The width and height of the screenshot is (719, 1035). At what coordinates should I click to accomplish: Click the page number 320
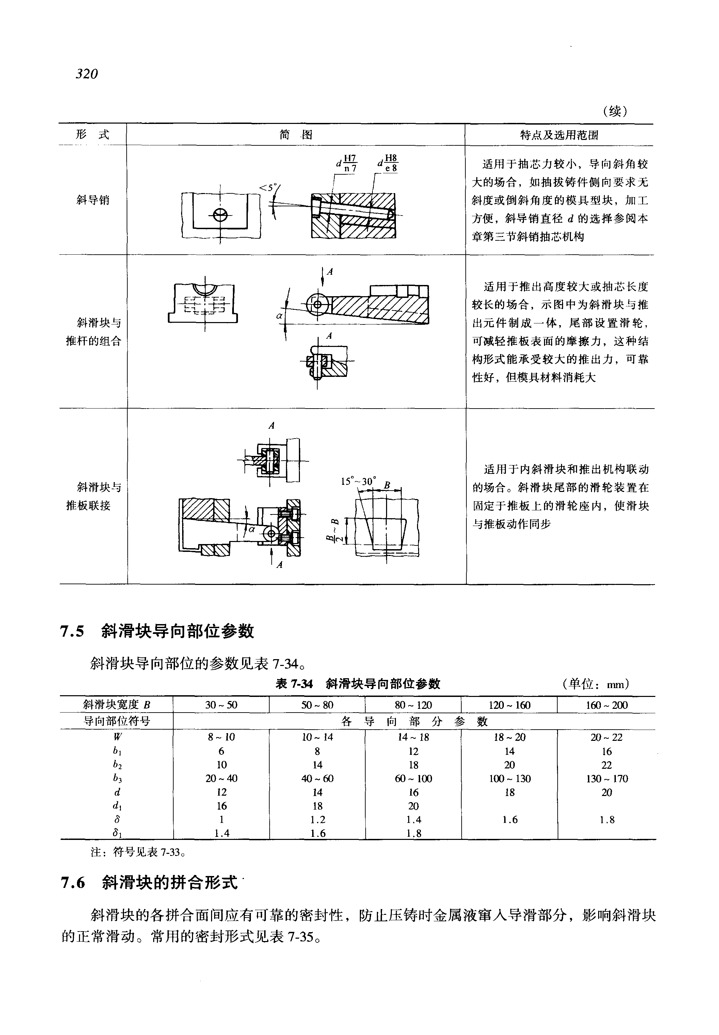87,74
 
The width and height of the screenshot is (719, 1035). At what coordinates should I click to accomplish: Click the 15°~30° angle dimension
358,481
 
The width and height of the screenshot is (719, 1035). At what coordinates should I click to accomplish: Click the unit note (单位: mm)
595,684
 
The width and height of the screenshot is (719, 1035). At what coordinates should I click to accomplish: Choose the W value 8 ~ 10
221,737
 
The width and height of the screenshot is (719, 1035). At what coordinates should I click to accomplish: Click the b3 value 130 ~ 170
606,779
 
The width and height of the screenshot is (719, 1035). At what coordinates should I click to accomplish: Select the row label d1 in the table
117,806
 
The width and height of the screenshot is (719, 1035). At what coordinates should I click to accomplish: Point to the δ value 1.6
510,819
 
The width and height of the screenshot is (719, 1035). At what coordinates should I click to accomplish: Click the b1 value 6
221,751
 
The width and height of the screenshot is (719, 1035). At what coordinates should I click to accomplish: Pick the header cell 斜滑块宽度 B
117,705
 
